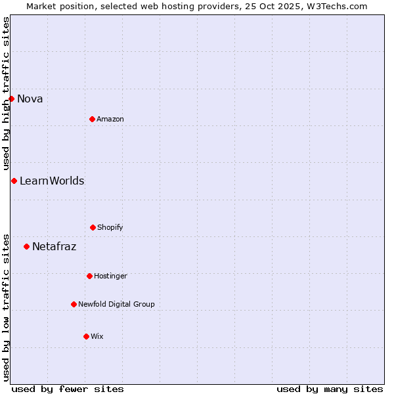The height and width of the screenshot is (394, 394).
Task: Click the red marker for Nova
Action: point(11,98)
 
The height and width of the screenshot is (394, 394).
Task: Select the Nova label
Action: point(30,99)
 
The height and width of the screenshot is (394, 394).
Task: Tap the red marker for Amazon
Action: point(92,119)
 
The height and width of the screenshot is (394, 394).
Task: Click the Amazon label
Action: point(110,120)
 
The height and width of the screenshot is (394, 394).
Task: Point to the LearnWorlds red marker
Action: point(14,181)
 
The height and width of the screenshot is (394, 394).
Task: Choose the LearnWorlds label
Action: point(52,181)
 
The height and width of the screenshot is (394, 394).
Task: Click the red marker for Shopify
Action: point(93,227)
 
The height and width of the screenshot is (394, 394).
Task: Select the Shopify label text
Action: point(110,228)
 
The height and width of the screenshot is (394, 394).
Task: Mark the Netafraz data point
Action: point(26,246)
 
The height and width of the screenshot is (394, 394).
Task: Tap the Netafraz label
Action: point(55,247)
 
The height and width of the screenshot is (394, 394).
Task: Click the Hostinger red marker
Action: point(89,276)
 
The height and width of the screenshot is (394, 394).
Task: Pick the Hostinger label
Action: point(110,276)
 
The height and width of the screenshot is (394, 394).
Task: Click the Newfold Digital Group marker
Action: point(74,304)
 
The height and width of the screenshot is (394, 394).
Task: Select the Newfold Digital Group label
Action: point(117,305)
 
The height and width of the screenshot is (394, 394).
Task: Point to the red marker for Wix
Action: point(86,336)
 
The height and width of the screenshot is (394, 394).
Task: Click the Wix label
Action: point(97,337)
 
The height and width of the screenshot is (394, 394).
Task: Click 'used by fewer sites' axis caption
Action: point(68,389)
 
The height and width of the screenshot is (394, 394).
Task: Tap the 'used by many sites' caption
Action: point(330,389)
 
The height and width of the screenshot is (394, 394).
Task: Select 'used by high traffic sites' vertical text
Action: point(6,93)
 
